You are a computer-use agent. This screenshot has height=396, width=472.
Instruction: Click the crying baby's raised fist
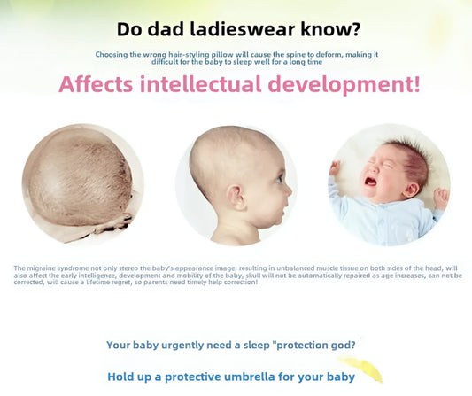[336, 167]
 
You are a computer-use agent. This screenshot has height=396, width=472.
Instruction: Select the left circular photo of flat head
[83, 183]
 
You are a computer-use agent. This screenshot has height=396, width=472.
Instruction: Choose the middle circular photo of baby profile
[236, 183]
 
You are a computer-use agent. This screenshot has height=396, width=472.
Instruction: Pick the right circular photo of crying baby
[389, 183]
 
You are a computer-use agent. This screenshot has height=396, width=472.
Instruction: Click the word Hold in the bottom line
[121, 377]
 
